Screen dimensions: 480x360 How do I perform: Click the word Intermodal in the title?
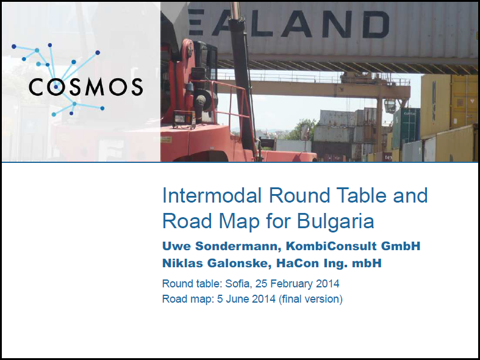[x=212, y=195]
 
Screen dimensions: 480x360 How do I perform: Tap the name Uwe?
[x=176, y=246]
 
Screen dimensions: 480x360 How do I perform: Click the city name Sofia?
[x=237, y=284]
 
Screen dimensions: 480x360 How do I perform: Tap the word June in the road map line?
[x=237, y=299]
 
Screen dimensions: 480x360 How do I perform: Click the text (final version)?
[x=310, y=299]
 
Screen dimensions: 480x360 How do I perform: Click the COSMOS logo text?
[x=86, y=87]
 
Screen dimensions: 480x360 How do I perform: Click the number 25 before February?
[x=261, y=284]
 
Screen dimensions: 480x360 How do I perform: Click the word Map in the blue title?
[x=239, y=221]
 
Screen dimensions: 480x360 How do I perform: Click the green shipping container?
[x=406, y=128]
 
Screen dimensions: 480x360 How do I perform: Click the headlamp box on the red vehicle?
[x=184, y=119]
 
